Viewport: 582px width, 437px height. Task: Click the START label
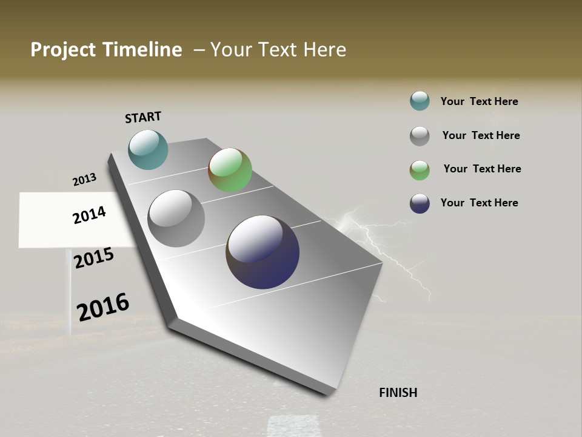coord(143,117)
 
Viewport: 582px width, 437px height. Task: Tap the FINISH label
coord(398,393)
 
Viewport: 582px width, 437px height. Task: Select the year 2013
coord(84,180)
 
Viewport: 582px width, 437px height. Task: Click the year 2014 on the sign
coord(89,215)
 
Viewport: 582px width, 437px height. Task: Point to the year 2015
coord(94,258)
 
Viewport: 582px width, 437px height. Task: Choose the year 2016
coord(103,307)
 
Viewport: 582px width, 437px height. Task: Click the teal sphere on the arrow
coord(148,149)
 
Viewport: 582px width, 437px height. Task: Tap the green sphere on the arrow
coord(230,170)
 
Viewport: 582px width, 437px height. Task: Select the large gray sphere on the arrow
coord(176,218)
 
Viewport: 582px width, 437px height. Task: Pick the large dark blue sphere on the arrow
coord(263,252)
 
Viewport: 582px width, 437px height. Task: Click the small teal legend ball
coord(420,101)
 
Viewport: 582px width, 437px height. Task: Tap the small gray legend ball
coord(420,136)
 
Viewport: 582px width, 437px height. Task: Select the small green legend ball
coord(420,170)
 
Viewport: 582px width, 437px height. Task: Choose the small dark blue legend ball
coord(420,203)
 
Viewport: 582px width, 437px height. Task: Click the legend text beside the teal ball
coord(479,101)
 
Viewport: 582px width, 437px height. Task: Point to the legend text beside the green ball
coord(482,169)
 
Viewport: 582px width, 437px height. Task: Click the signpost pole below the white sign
coord(69,291)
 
